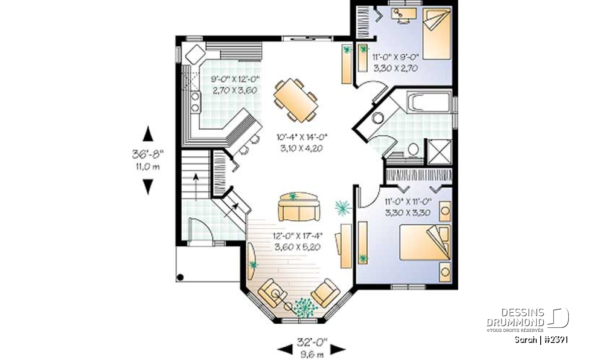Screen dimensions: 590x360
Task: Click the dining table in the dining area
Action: coord(296,100)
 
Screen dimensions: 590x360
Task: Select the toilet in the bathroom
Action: coord(413,149)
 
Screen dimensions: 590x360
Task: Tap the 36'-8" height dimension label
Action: coord(147,154)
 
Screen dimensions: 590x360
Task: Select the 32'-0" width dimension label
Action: coord(312,342)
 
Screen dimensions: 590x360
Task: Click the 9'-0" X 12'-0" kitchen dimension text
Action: coord(235,79)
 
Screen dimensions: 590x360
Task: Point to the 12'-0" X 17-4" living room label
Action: coord(298,236)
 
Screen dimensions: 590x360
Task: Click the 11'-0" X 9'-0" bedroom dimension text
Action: coord(395,57)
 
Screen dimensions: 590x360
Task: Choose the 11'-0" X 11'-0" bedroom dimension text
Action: coord(407,201)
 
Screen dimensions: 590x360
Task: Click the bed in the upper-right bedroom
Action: coord(437,34)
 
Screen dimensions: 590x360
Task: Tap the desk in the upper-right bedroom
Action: coord(404,14)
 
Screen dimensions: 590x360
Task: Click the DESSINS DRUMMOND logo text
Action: coord(516,317)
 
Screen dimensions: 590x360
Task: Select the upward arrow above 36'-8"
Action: coord(148,134)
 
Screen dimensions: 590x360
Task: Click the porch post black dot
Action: coord(180,277)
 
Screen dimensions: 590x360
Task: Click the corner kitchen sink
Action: coord(195,54)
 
